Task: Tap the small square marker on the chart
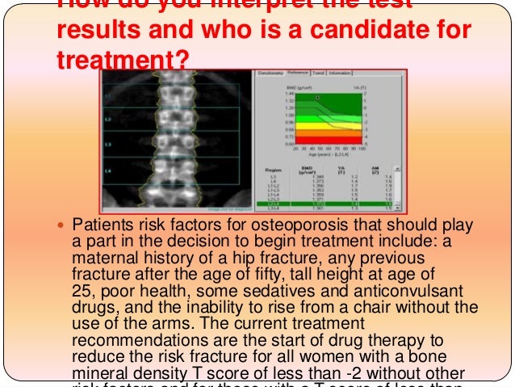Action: (318, 97)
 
